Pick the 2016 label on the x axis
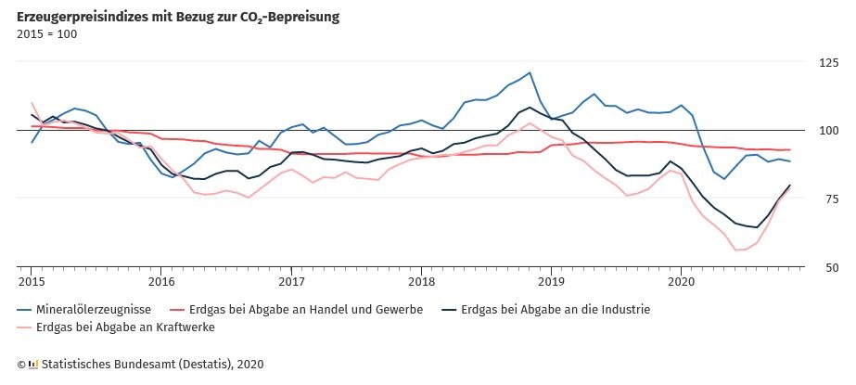click(x=160, y=281)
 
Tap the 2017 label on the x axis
click(x=291, y=281)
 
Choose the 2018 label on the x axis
click(x=421, y=281)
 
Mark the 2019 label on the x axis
click(x=551, y=281)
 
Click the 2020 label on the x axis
click(x=681, y=281)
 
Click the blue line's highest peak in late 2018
click(x=530, y=72)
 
